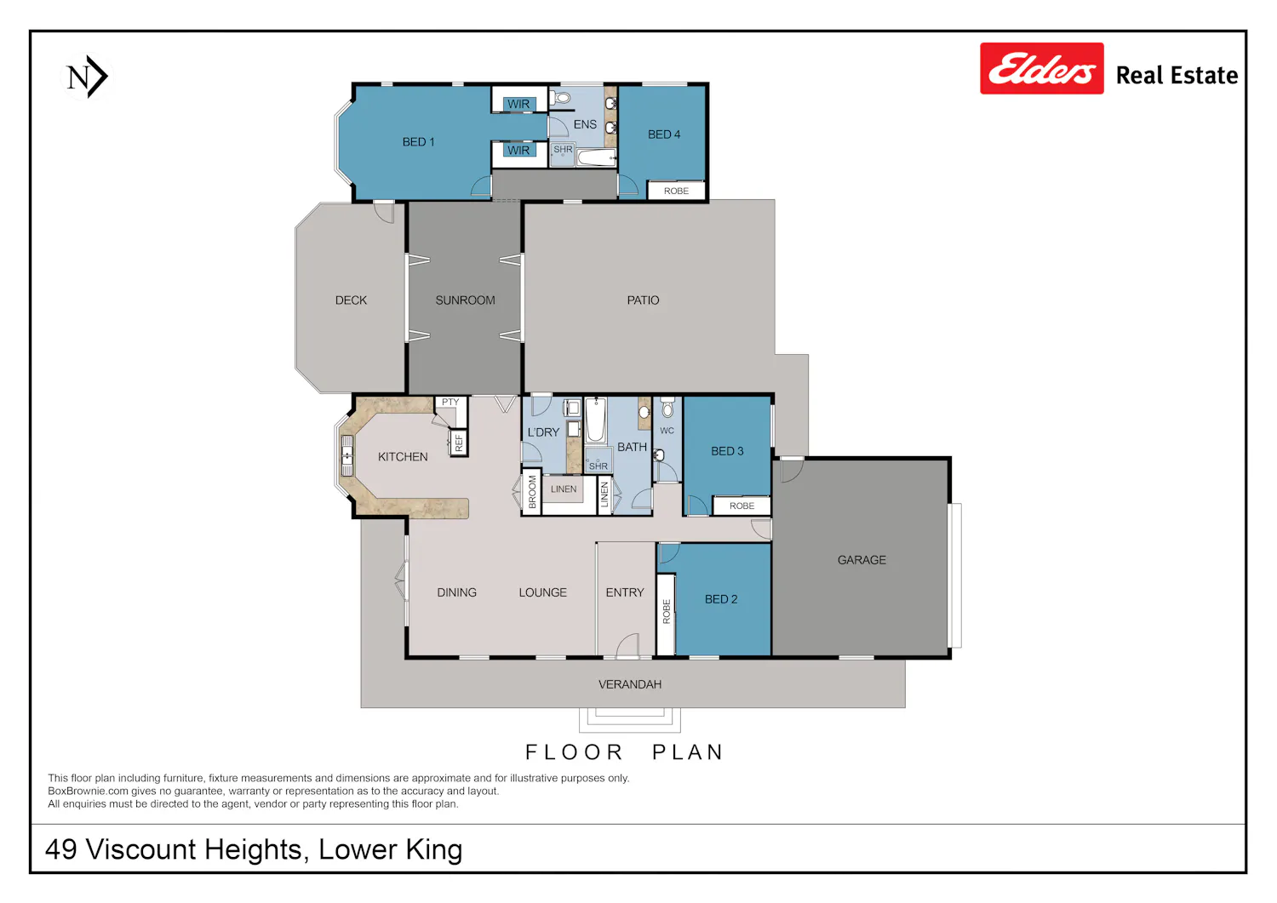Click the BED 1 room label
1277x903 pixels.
click(x=419, y=142)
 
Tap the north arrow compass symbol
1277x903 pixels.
click(x=87, y=77)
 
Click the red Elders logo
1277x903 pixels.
click(x=1041, y=68)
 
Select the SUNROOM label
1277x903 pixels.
click(x=465, y=300)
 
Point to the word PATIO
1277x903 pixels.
click(x=643, y=300)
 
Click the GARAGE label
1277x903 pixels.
click(x=862, y=560)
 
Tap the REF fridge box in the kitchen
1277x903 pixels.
click(x=459, y=443)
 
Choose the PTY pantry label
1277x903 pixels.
click(x=450, y=402)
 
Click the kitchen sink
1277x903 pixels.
click(x=346, y=455)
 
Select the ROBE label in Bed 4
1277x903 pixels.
click(x=676, y=191)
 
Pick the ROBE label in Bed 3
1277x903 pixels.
click(x=742, y=506)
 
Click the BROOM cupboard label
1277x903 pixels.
click(x=532, y=492)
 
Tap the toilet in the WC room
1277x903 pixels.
click(x=667, y=408)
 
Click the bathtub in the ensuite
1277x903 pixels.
click(x=596, y=157)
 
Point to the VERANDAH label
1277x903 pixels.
click(x=630, y=684)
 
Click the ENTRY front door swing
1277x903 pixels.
click(x=627, y=647)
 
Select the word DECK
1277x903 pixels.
click(x=351, y=300)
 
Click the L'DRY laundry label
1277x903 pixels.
click(x=543, y=432)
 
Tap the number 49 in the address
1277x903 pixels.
click(x=61, y=849)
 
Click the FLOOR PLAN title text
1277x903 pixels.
click(x=624, y=752)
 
